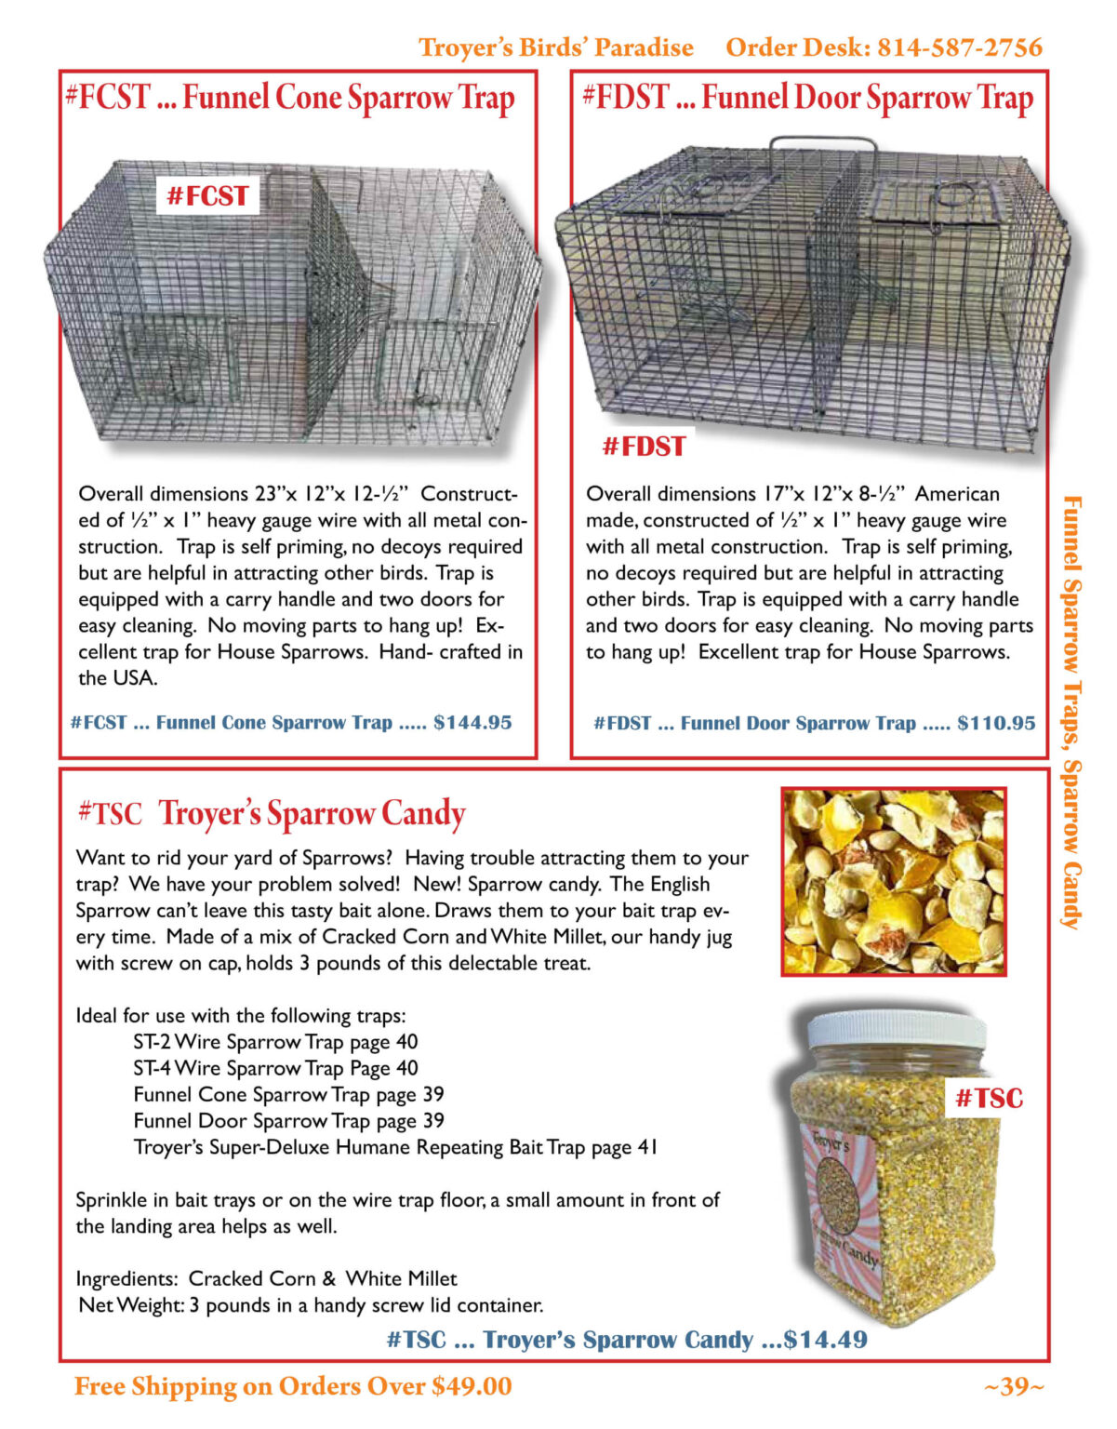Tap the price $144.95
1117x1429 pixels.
click(x=472, y=723)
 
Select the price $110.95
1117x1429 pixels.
click(x=996, y=723)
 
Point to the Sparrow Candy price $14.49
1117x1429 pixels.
click(x=826, y=1340)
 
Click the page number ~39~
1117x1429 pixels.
click(x=1014, y=1386)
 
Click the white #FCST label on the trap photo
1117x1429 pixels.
click(x=207, y=196)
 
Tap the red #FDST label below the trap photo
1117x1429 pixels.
click(x=644, y=447)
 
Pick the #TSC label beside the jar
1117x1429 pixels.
click(x=989, y=1099)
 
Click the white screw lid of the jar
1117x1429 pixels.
click(x=897, y=1029)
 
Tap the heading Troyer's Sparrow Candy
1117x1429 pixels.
click(x=312, y=813)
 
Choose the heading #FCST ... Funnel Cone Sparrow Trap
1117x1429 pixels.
click(x=290, y=97)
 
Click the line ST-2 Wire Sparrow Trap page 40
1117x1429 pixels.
click(x=275, y=1042)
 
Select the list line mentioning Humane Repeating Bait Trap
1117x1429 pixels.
click(x=395, y=1147)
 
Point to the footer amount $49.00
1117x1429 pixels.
click(x=472, y=1386)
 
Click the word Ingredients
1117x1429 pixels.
click(x=126, y=1278)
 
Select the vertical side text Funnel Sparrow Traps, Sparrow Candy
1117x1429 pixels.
click(x=1071, y=712)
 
